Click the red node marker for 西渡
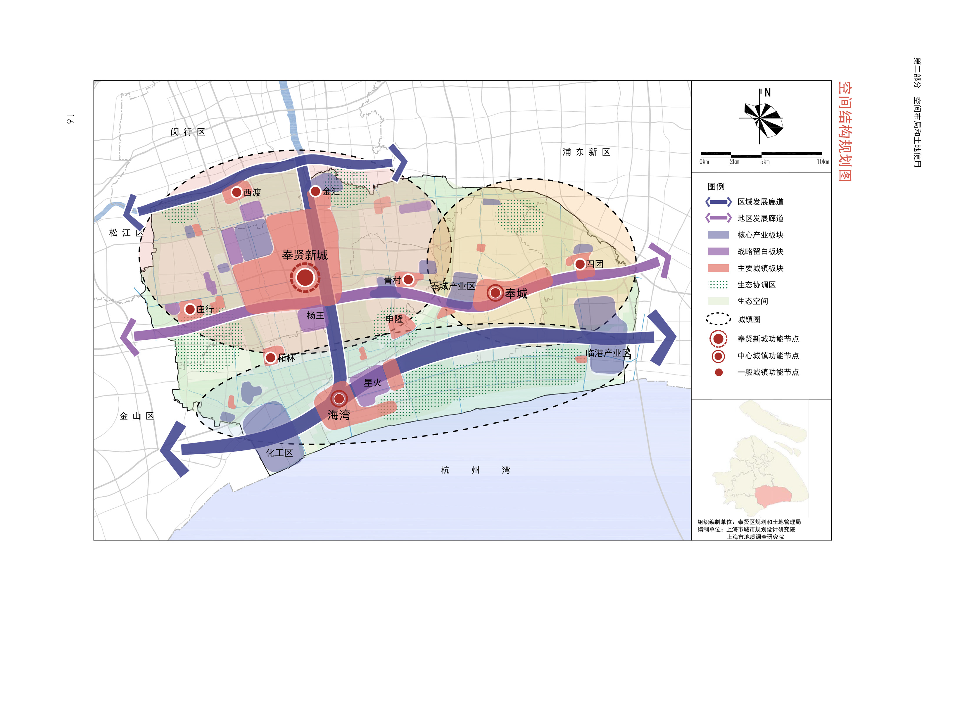[236, 192]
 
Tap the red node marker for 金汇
[315, 191]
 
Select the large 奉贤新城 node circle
[305, 278]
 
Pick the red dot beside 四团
[580, 264]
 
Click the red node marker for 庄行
[190, 309]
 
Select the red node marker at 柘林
[270, 358]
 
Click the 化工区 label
[279, 453]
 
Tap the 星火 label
[372, 382]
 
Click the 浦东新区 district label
[586, 152]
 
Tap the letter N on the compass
[767, 93]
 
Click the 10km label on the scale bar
[823, 162]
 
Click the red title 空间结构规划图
[845, 131]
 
